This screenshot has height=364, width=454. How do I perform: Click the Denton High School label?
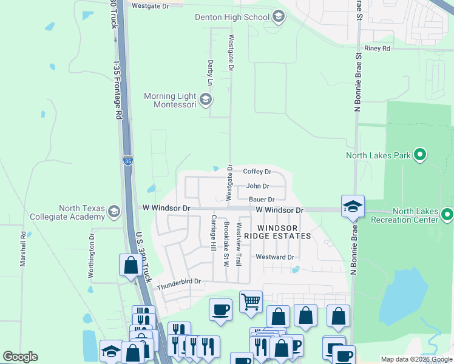click(x=231, y=17)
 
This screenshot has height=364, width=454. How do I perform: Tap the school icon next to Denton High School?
click(x=279, y=16)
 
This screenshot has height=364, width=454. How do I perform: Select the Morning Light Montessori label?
click(x=170, y=100)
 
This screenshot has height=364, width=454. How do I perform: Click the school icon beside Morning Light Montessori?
click(x=206, y=99)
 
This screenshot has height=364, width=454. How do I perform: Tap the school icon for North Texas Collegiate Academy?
click(x=113, y=212)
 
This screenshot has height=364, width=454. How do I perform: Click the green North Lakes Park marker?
click(x=419, y=155)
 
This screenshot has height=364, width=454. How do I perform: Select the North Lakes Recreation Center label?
click(x=415, y=215)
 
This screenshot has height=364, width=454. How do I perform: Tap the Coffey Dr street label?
click(x=257, y=172)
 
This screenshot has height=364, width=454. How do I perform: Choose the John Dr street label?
click(x=257, y=187)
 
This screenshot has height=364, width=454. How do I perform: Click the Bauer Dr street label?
click(x=262, y=199)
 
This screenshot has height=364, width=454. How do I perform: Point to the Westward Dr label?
click(x=275, y=257)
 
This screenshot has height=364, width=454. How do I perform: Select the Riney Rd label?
click(x=377, y=48)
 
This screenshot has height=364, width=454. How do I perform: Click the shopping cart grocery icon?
click(x=251, y=300)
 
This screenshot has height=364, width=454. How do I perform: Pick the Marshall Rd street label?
click(x=23, y=249)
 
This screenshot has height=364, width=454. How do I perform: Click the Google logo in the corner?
click(x=20, y=357)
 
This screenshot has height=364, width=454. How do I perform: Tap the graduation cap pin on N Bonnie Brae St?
click(x=353, y=206)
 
